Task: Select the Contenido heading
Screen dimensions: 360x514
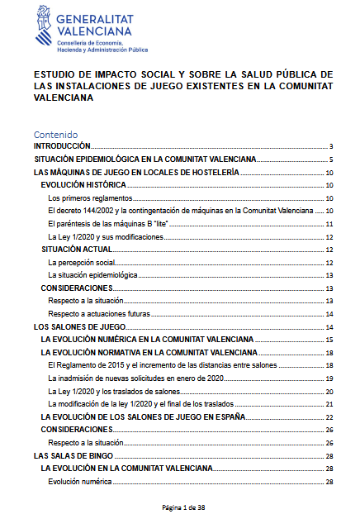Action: click(55, 134)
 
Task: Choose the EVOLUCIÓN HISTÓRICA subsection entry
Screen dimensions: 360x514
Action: click(83, 186)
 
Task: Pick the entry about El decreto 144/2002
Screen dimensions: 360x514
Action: click(182, 212)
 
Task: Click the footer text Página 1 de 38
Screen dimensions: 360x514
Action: click(179, 505)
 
